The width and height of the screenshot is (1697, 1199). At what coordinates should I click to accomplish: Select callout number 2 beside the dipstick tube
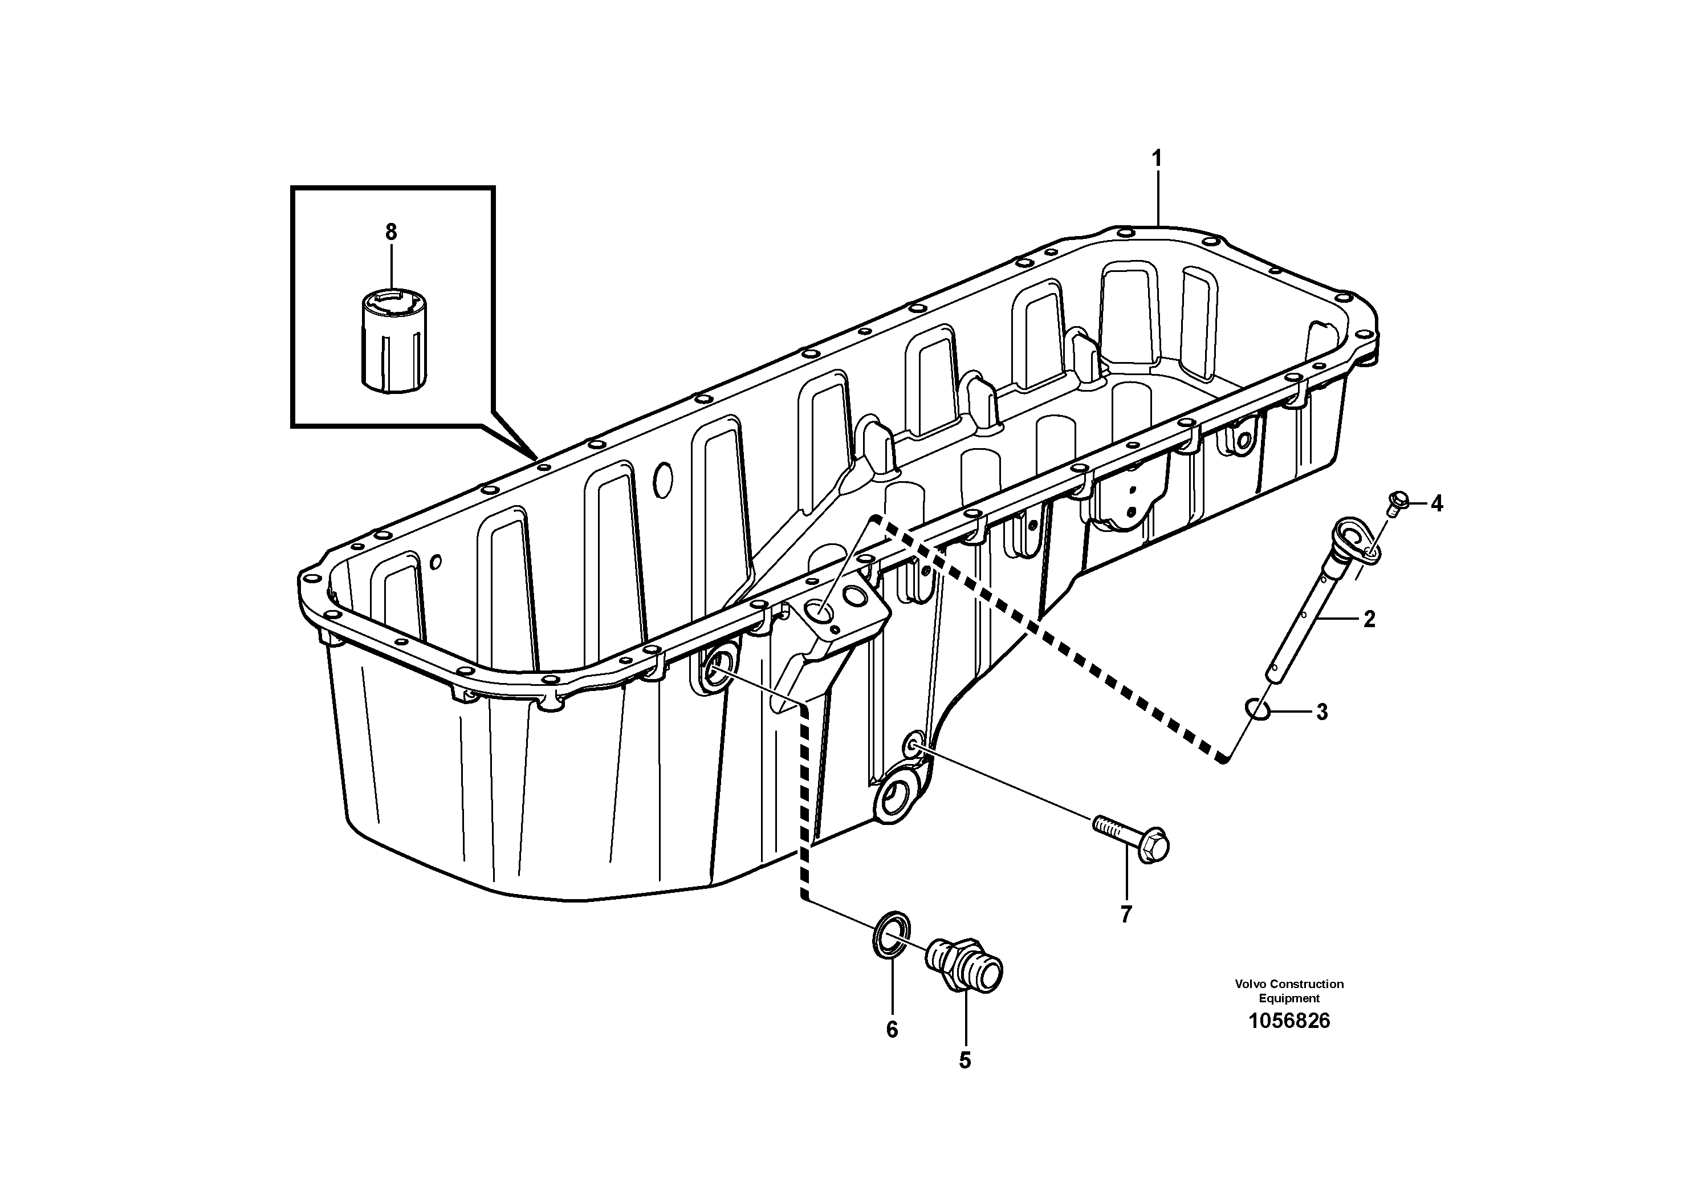1369,620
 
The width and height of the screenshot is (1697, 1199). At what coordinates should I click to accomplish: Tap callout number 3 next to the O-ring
1321,713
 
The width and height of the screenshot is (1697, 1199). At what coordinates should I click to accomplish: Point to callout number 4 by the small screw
1436,504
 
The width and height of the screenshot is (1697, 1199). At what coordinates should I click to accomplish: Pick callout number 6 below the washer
892,1030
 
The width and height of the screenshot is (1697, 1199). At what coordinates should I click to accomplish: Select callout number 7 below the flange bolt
1126,915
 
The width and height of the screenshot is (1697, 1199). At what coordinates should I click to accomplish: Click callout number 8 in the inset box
391,232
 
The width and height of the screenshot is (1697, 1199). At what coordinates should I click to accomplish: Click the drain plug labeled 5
965,965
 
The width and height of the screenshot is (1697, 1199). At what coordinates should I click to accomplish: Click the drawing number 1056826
1288,1022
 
